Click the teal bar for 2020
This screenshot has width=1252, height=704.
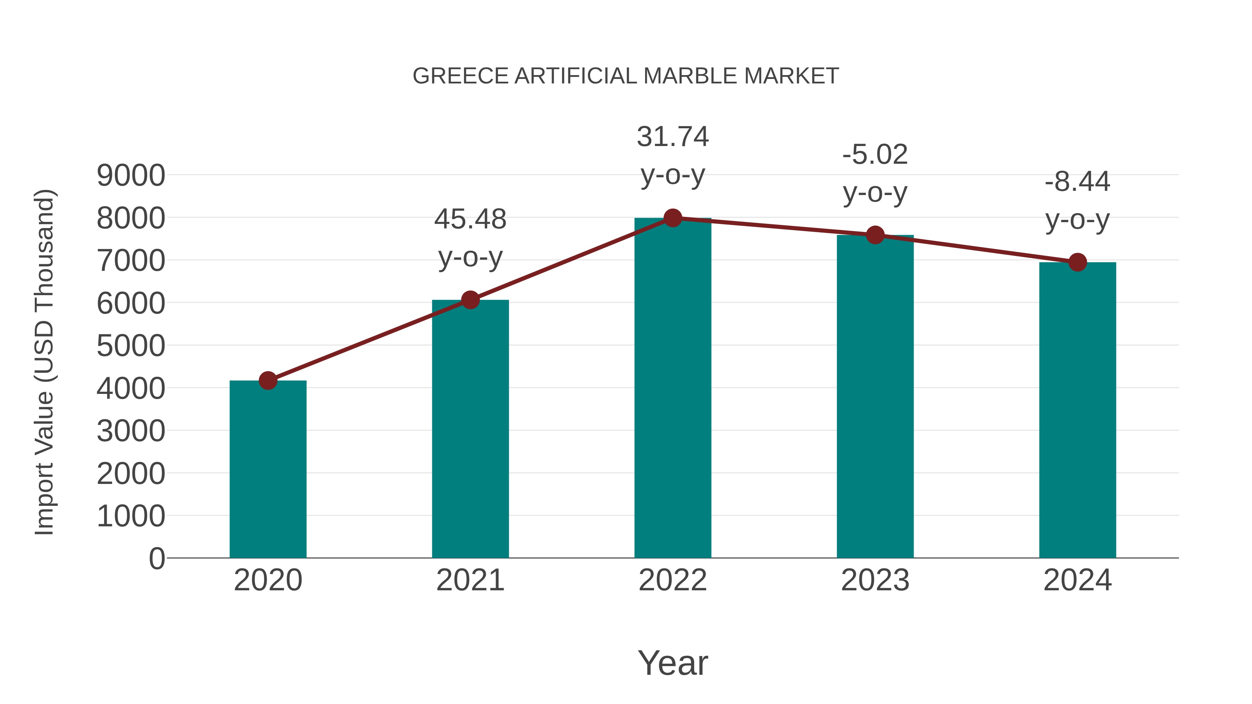(268, 469)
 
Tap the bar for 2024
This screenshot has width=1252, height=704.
(1077, 410)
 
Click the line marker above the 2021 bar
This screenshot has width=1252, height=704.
(470, 300)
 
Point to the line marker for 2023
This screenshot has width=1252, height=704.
(875, 235)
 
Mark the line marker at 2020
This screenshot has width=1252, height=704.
(268, 380)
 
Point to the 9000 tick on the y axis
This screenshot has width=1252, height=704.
(131, 176)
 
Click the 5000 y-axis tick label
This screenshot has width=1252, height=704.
(131, 346)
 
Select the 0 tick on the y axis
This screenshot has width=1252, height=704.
(156, 558)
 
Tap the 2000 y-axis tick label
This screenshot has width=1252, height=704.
(131, 474)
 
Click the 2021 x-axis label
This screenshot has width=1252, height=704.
(470, 580)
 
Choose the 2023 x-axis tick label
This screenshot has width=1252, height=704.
(875, 580)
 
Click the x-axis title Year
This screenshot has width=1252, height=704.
(673, 663)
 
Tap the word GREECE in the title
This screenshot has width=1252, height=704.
(460, 76)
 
